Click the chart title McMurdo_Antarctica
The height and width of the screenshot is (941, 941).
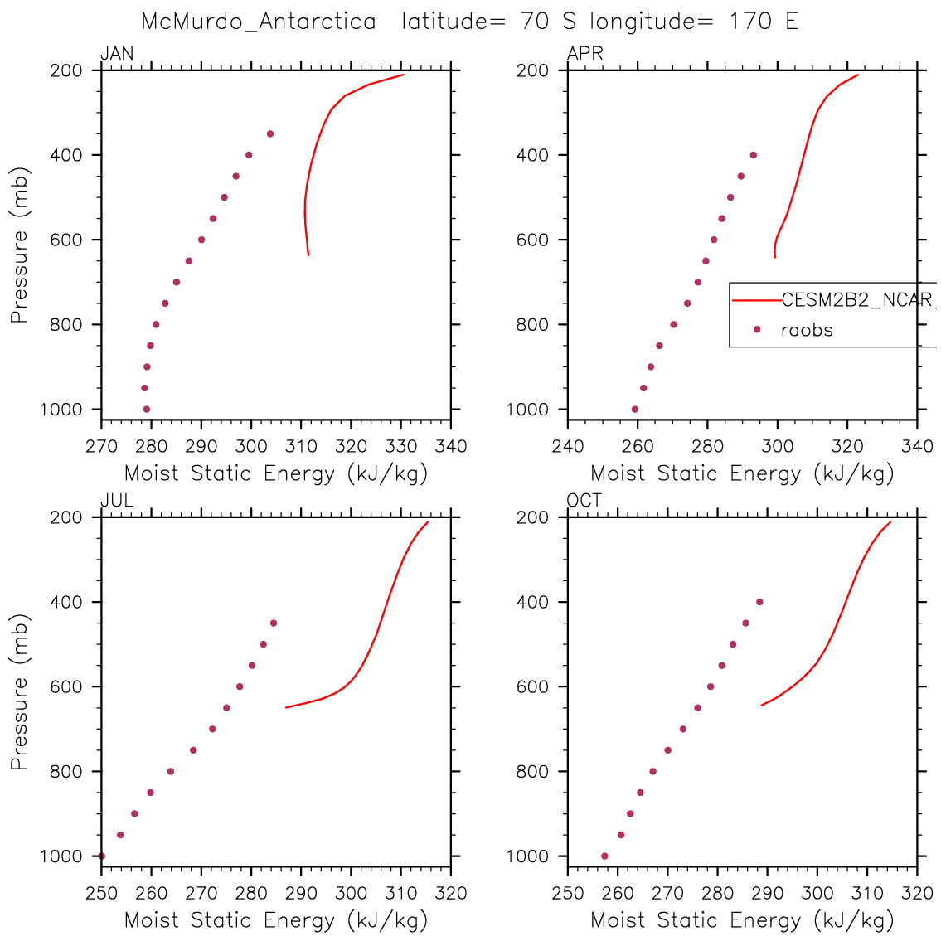pos(259,22)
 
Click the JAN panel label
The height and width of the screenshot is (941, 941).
pos(117,55)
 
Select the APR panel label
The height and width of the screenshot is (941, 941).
pos(584,55)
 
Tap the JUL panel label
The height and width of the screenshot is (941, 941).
pos(117,501)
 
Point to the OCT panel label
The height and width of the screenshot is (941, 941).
pos(584,501)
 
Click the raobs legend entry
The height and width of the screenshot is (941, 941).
pos(806,330)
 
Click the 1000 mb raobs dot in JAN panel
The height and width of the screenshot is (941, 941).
pos(147,409)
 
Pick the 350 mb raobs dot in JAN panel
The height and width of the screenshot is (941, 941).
pos(270,133)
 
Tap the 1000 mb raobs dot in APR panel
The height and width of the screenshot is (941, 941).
pos(635,409)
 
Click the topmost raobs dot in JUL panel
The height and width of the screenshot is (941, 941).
pos(274,623)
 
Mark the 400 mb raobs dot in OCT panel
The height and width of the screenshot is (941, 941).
pos(759,602)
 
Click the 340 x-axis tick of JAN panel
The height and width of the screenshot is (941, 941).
pos(451,447)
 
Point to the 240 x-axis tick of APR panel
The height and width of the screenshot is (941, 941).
pos(568,447)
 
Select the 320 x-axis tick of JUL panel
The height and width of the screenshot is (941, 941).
pos(451,894)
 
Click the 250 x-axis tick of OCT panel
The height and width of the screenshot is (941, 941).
pos(568,894)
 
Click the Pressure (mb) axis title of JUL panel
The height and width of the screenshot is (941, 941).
pos(20,692)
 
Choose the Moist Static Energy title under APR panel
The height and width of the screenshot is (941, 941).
pos(742,474)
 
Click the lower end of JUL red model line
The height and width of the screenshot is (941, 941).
pos(286,707)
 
